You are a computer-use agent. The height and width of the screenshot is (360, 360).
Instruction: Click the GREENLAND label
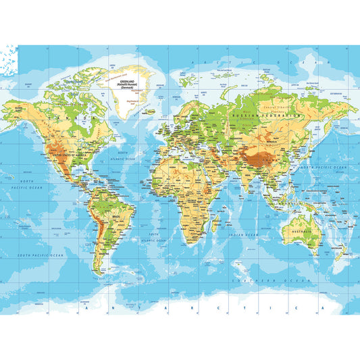coord(126,78)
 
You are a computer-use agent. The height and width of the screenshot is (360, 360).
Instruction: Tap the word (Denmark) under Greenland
coord(126,86)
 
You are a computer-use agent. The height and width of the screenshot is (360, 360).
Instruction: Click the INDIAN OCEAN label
coord(243,234)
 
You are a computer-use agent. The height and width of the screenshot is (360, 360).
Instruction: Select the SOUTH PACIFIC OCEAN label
coord(41,255)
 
